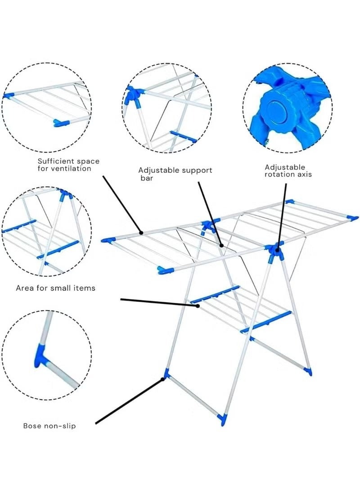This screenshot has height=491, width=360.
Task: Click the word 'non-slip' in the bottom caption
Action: (x=59, y=425)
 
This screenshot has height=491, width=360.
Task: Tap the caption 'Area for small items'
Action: (x=55, y=288)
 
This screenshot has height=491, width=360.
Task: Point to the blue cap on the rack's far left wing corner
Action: (x=106, y=240)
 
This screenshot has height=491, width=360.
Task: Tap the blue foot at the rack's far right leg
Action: (x=308, y=371)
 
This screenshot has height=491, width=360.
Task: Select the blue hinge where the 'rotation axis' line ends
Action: (x=274, y=250)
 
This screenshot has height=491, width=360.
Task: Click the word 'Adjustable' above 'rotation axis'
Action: (x=285, y=167)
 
